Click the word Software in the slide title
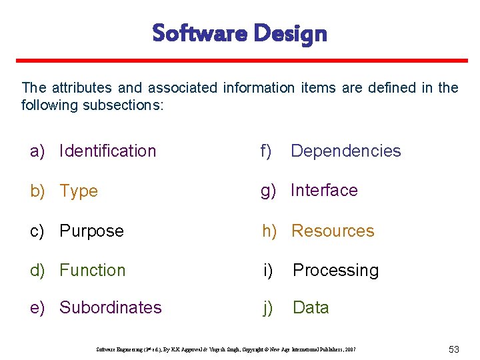click(x=198, y=33)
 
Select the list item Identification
click(x=107, y=151)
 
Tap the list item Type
click(x=79, y=191)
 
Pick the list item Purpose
click(x=91, y=231)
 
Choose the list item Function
click(x=92, y=271)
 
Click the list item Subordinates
click(x=110, y=308)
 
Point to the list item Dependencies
click(x=345, y=151)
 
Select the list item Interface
click(x=324, y=191)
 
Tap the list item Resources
click(x=333, y=231)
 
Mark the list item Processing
click(x=335, y=271)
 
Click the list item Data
click(x=311, y=308)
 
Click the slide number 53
click(x=454, y=349)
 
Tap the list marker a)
click(x=37, y=151)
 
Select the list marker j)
click(x=268, y=308)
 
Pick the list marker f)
click(x=267, y=151)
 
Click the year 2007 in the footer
click(x=349, y=349)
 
